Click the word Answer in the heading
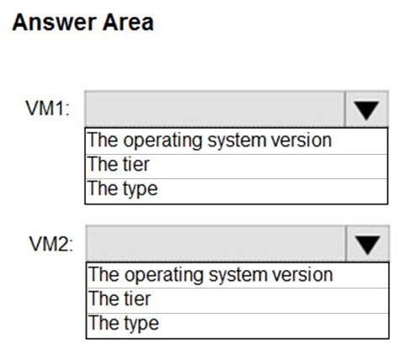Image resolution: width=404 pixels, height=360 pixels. click(54, 23)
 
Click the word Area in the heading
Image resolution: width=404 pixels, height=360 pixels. click(128, 23)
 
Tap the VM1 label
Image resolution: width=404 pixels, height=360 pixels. click(47, 109)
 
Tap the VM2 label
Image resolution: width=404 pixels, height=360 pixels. click(50, 244)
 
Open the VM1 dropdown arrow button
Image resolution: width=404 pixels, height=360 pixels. click(366, 109)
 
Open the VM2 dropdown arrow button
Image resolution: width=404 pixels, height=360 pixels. click(368, 244)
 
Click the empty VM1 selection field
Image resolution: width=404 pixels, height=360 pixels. click(215, 109)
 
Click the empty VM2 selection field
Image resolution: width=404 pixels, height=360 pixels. click(216, 244)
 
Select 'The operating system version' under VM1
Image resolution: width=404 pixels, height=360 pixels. click(210, 140)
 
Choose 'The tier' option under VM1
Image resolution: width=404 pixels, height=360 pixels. click(119, 164)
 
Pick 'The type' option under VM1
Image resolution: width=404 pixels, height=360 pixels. click(123, 189)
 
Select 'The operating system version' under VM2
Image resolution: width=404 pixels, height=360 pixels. click(211, 275)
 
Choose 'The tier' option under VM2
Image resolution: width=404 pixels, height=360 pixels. click(120, 299)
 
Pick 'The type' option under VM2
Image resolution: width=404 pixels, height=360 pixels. click(124, 324)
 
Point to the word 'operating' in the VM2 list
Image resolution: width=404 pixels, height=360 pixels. click(163, 276)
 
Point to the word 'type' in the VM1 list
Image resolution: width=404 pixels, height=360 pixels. click(141, 190)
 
